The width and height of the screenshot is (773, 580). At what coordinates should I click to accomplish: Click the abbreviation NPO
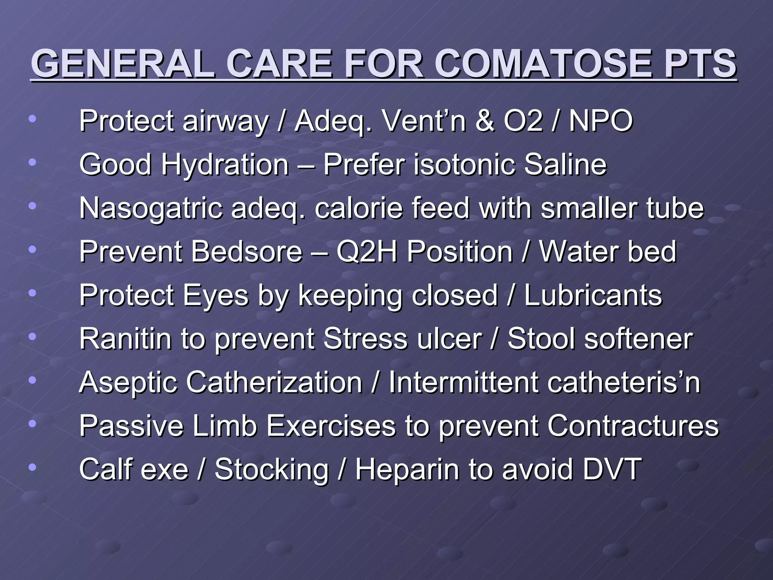click(x=601, y=121)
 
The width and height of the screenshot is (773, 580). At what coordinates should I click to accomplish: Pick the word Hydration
click(x=225, y=165)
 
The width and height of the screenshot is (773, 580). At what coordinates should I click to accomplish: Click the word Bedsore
click(x=247, y=251)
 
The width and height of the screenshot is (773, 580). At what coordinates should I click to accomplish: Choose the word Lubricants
click(x=593, y=295)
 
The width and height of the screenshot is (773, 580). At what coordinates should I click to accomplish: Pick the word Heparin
click(x=407, y=469)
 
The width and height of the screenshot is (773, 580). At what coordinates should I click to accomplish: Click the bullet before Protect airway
click(x=32, y=119)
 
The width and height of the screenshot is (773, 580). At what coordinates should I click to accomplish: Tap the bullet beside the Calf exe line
click(x=32, y=467)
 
